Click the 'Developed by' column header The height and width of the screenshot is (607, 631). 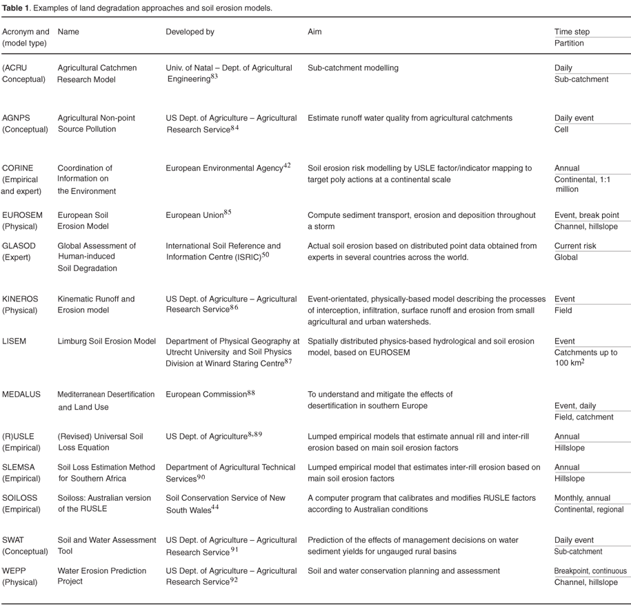coord(190,32)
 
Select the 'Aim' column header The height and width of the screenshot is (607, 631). coord(314,32)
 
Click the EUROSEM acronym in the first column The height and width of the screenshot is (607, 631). coord(22,215)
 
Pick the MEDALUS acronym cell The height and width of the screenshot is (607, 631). coord(21,395)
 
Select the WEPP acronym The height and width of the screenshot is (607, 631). coord(14,570)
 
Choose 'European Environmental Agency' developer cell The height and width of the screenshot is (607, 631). coord(224,168)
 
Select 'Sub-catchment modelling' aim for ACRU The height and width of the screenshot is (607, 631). coord(352,68)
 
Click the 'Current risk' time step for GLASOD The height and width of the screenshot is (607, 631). coord(575,246)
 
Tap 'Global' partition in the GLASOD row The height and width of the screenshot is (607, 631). coord(566,257)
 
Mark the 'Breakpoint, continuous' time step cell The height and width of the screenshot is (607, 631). coord(590,570)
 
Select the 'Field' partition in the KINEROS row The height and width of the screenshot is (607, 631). coord(564,310)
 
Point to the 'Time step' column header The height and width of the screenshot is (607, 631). coord(572,32)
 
